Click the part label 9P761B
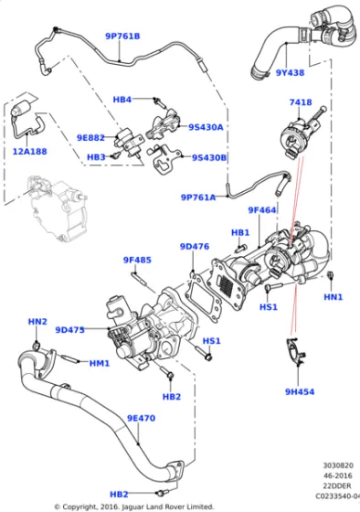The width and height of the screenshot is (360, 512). click(x=122, y=37)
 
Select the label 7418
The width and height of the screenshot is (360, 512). click(x=301, y=102)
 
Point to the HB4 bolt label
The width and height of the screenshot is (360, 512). click(x=122, y=99)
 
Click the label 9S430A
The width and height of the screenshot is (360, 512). click(x=206, y=127)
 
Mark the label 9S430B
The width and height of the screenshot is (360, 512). click(x=209, y=157)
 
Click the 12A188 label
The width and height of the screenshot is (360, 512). click(x=31, y=152)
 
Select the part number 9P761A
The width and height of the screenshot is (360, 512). click(x=198, y=197)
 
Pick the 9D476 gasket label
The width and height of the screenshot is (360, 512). click(x=195, y=246)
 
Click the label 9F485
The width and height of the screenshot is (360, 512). click(x=137, y=261)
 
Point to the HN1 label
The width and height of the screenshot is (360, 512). click(x=333, y=297)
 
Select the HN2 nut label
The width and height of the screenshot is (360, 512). click(x=37, y=322)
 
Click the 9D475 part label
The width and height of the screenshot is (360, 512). click(x=69, y=330)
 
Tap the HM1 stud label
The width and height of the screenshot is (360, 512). click(x=100, y=363)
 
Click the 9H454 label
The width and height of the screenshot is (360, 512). click(x=298, y=391)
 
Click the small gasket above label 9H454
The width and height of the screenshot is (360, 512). click(x=294, y=350)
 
